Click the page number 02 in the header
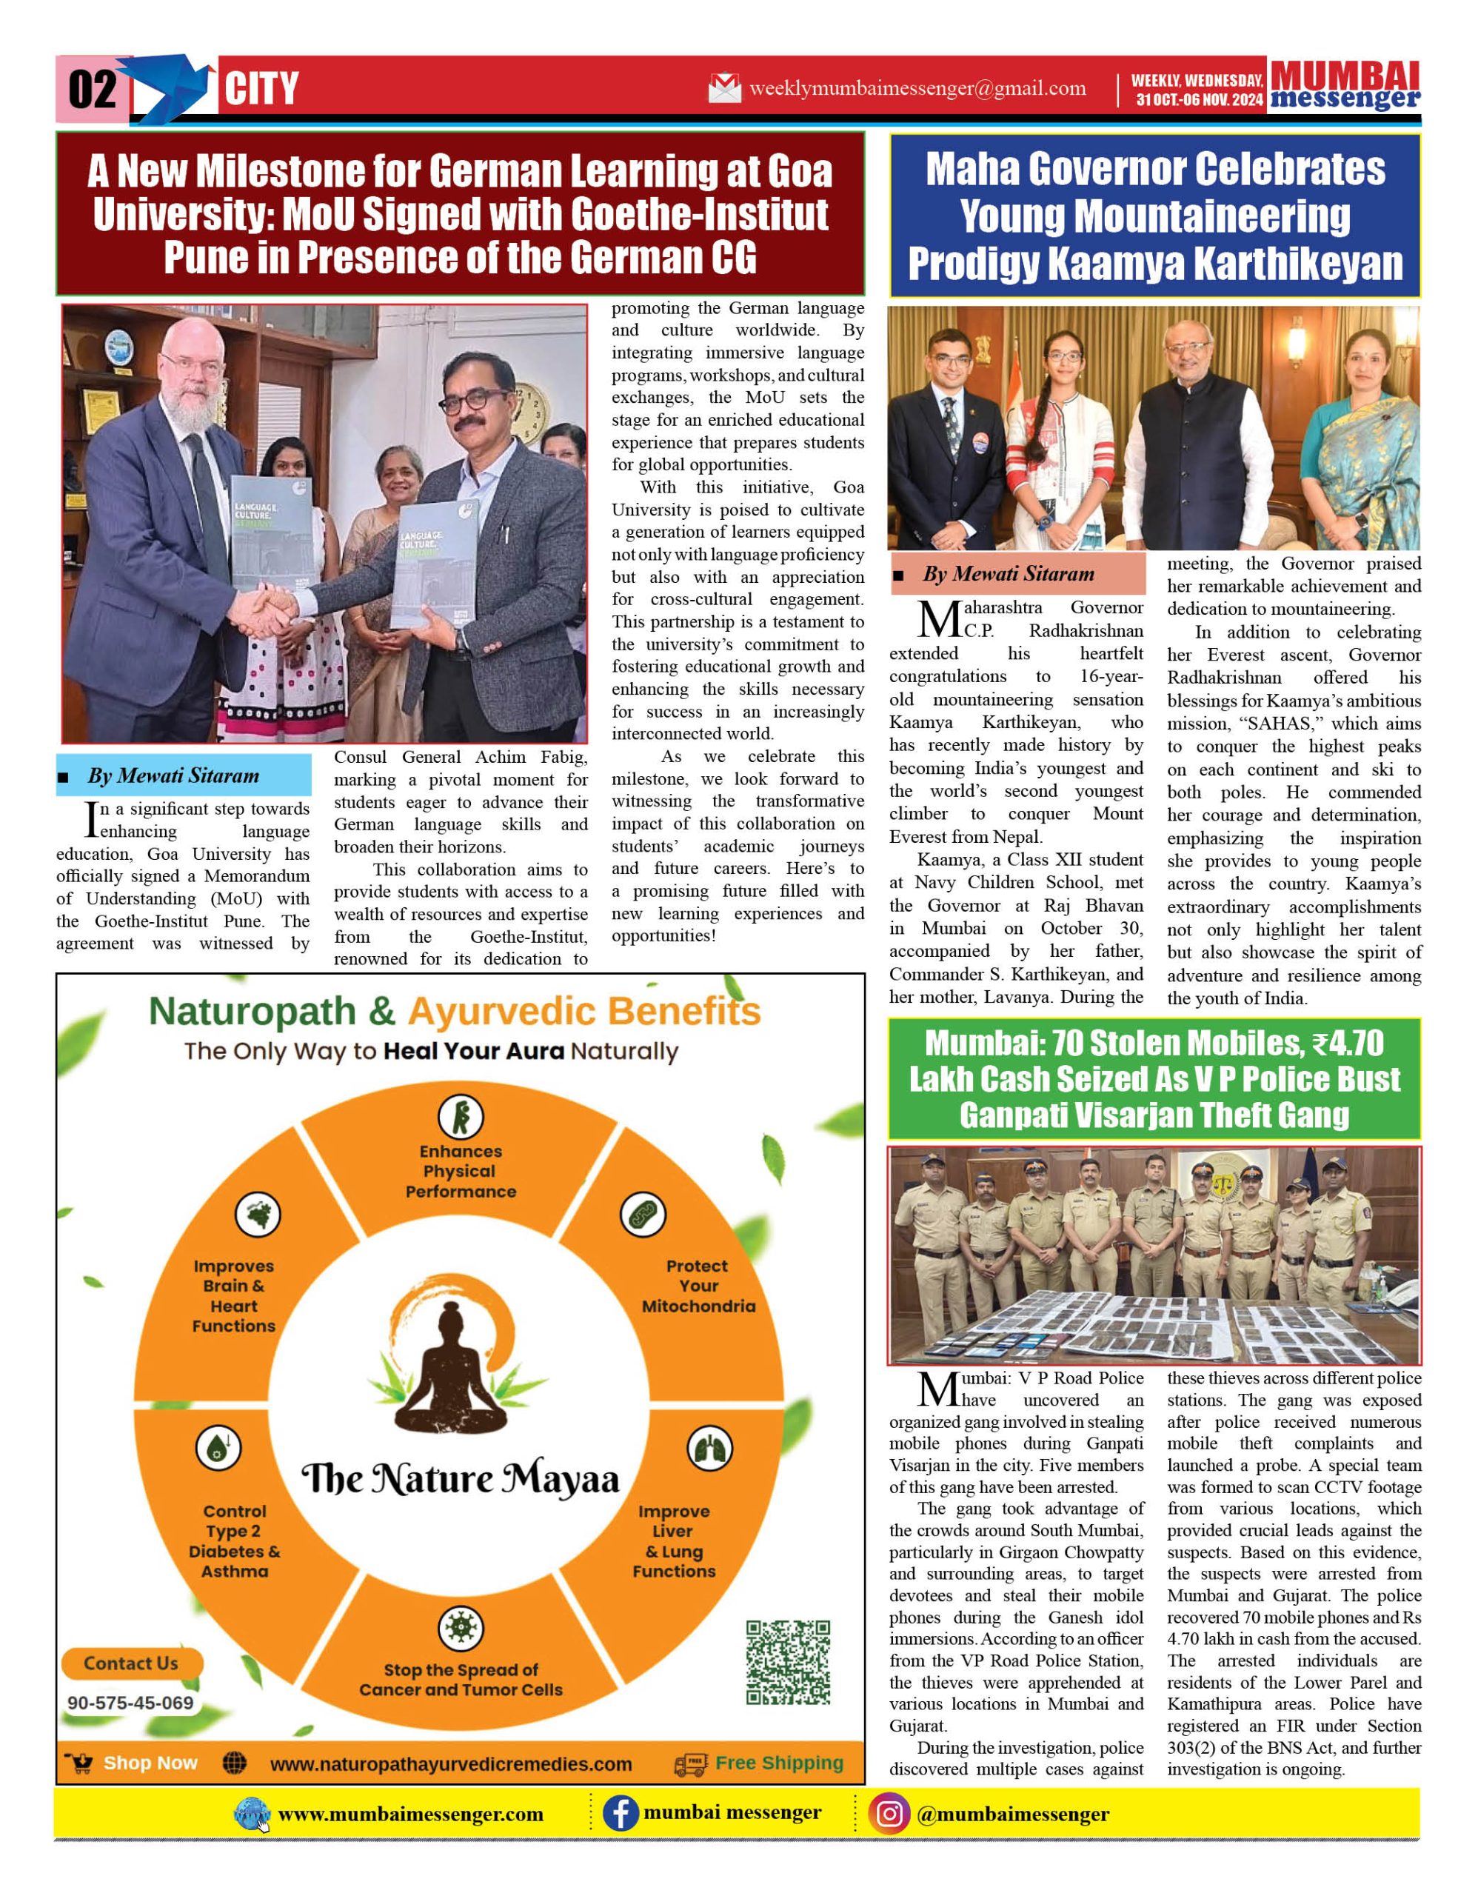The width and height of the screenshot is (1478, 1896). [x=92, y=90]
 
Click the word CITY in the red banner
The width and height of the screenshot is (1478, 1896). [x=261, y=90]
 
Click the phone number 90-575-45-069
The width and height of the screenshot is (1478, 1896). [x=130, y=1703]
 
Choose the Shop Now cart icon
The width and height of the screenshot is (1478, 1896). [x=80, y=1763]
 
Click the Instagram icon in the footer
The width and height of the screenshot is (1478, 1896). [x=889, y=1815]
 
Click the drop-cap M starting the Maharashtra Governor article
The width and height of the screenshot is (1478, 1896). [x=938, y=619]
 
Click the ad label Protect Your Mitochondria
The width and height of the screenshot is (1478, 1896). [x=698, y=1286]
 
